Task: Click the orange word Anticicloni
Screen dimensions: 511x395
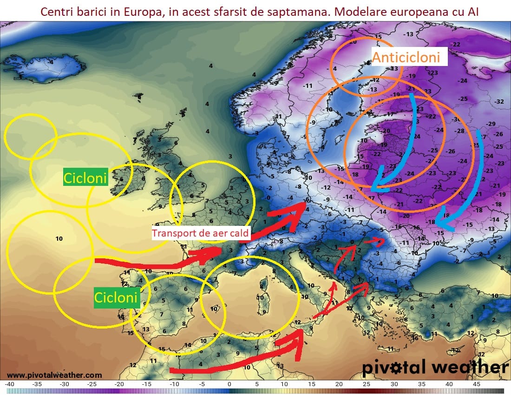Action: click(406, 58)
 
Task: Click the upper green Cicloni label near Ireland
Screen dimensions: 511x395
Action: click(85, 178)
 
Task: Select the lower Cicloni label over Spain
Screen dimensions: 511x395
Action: click(116, 296)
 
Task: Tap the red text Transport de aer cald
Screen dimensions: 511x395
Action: click(201, 233)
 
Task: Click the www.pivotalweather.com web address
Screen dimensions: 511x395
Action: click(54, 375)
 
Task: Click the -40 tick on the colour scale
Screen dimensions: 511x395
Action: click(10, 384)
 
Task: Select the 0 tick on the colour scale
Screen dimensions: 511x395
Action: click(229, 384)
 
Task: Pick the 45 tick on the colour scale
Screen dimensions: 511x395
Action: click(476, 384)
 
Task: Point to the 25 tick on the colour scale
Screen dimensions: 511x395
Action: click(367, 384)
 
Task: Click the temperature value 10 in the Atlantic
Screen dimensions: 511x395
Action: click(59, 239)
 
